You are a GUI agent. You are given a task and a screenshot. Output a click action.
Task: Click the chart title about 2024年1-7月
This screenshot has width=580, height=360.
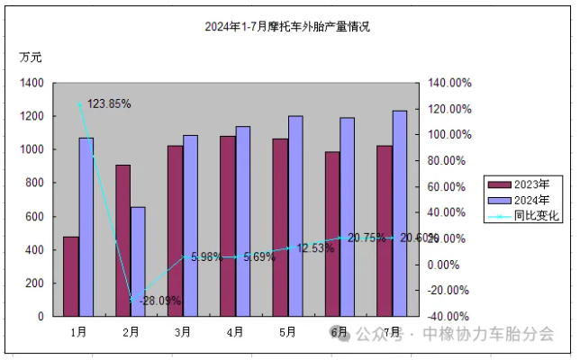[287, 27]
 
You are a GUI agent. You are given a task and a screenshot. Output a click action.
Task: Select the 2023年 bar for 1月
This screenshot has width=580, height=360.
[70, 276]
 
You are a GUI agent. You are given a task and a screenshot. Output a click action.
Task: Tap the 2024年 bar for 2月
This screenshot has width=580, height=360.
[138, 262]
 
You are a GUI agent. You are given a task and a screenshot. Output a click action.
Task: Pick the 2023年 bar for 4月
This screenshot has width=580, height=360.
[228, 226]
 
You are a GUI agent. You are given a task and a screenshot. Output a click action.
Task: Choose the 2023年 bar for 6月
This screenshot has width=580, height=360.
[332, 234]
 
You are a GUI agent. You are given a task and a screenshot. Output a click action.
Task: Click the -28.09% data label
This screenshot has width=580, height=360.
[154, 301]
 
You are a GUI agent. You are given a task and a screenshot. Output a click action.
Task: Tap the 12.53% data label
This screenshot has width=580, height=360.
[316, 247]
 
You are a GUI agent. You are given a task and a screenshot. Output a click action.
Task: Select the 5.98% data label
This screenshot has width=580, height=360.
[207, 256]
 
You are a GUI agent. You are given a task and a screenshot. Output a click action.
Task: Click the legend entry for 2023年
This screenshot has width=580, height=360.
[522, 184]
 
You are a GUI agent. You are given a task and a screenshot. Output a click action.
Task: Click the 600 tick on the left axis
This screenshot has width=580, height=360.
[34, 217]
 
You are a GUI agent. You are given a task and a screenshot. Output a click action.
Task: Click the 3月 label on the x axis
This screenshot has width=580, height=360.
[183, 332]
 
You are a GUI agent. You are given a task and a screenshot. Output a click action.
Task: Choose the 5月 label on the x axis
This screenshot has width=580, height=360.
[287, 332]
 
